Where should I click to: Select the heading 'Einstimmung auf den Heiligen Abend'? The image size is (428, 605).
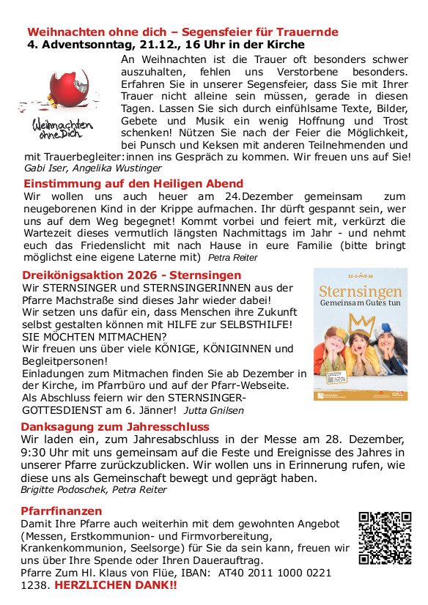pyautogui.click(x=133, y=183)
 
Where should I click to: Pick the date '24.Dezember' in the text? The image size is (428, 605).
pyautogui.click(x=259, y=196)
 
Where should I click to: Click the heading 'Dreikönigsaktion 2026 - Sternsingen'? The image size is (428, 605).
pyautogui.click(x=130, y=275)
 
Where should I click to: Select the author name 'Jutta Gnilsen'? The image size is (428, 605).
pyautogui.click(x=215, y=411)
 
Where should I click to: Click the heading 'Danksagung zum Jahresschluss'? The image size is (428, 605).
pyautogui.click(x=115, y=426)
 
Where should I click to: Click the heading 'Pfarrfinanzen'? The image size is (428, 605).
pyautogui.click(x=62, y=511)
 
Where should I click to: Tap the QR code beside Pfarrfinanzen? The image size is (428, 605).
pyautogui.click(x=385, y=538)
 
